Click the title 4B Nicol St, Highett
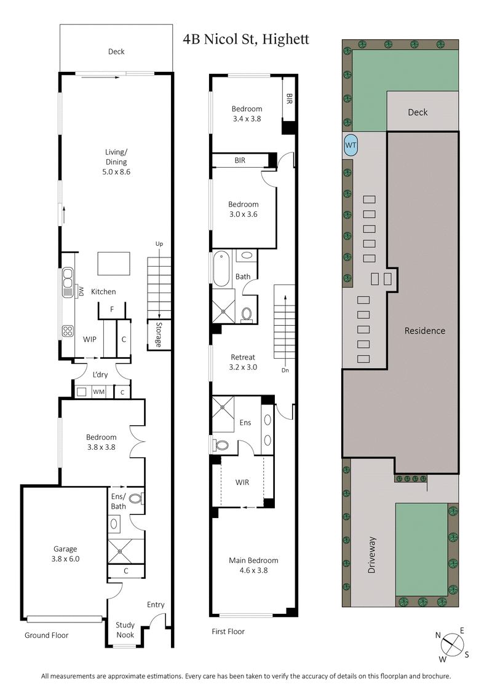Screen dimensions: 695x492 click(x=246, y=40)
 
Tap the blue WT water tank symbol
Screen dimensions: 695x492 click(x=351, y=145)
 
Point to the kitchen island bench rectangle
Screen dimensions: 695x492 click(x=114, y=264)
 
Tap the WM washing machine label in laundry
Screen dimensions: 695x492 click(x=98, y=391)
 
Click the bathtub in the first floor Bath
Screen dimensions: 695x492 click(x=222, y=269)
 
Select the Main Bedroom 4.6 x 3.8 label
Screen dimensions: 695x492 click(x=253, y=565)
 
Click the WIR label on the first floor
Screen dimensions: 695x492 click(x=242, y=482)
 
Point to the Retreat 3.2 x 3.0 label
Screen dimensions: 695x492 click(x=243, y=362)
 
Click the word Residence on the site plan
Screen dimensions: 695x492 click(x=424, y=331)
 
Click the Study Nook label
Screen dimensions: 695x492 click(x=125, y=629)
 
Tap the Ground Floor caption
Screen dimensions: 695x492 click(x=46, y=635)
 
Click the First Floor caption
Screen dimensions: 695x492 click(x=228, y=631)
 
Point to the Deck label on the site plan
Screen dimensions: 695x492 click(x=418, y=112)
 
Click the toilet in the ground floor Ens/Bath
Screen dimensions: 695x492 click(x=137, y=499)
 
